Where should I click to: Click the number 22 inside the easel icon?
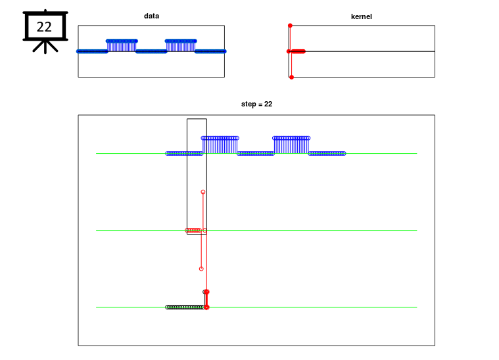pos(44,27)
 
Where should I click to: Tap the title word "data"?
pos(151,16)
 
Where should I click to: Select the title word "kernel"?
pos(361,16)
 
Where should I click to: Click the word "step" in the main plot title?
pos(249,104)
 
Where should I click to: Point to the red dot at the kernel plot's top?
pos(290,26)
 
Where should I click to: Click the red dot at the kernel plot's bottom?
pos(291,78)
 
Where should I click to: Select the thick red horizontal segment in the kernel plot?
pos(298,51)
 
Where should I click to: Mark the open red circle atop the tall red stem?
pos(203,192)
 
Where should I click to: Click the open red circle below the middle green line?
pos(201,269)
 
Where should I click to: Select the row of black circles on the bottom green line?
pos(185,307)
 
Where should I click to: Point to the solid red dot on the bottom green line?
pos(206,307)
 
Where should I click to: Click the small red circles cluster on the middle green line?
pos(193,230)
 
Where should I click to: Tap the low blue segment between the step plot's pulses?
pos(256,154)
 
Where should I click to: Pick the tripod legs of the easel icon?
pos(45,47)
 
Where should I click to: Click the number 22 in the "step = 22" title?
pos(268,104)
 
